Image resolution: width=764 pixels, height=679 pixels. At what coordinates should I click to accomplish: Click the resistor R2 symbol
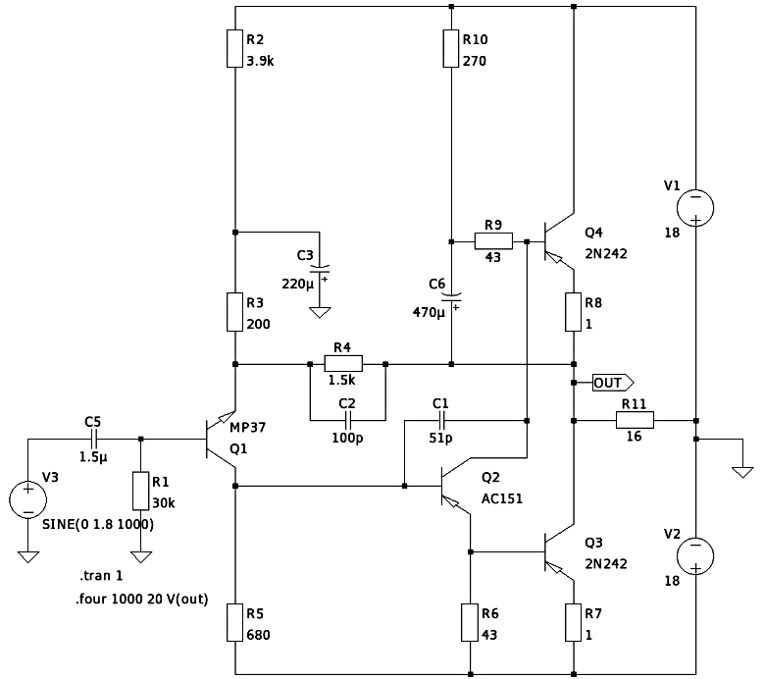235,48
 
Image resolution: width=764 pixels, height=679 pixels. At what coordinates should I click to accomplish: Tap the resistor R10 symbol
450,48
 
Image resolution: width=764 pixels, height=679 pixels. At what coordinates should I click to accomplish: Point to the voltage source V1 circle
694,207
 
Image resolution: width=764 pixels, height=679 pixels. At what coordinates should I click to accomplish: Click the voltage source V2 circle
694,554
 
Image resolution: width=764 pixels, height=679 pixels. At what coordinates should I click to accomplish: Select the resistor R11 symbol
634,420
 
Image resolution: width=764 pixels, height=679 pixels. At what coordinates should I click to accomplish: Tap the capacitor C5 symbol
92,439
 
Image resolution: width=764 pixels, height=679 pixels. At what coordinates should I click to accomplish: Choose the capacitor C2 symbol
347,420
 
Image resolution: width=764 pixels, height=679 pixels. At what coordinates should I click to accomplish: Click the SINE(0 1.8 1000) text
98,524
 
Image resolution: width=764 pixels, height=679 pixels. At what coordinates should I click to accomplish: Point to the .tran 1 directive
101,576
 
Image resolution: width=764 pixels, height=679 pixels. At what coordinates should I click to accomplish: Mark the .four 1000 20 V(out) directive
141,598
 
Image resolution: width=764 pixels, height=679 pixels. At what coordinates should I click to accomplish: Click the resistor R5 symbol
235,622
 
